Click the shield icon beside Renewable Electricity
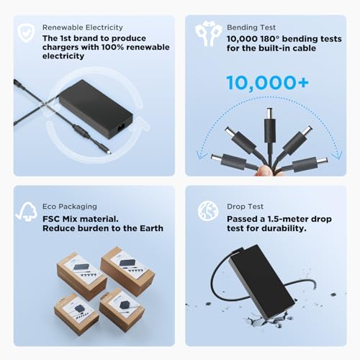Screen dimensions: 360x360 (26, 33)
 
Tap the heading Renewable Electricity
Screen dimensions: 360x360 (83, 27)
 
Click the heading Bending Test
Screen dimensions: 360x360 (251, 27)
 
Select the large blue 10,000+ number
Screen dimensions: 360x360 (268, 83)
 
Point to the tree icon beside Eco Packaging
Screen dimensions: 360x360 (27, 211)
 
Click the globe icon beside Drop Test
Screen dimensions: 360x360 (208, 210)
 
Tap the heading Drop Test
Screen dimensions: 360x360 (245, 207)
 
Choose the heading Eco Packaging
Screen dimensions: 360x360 (70, 207)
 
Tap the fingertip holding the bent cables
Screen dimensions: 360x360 (264, 171)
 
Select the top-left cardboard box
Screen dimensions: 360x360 (81, 276)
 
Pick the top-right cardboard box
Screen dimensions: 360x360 (127, 271)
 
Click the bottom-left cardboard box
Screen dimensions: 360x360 (76, 314)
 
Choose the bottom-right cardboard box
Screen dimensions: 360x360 (122, 310)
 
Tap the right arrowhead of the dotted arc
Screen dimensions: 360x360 (337, 155)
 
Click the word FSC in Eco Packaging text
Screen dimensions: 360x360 (51, 219)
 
